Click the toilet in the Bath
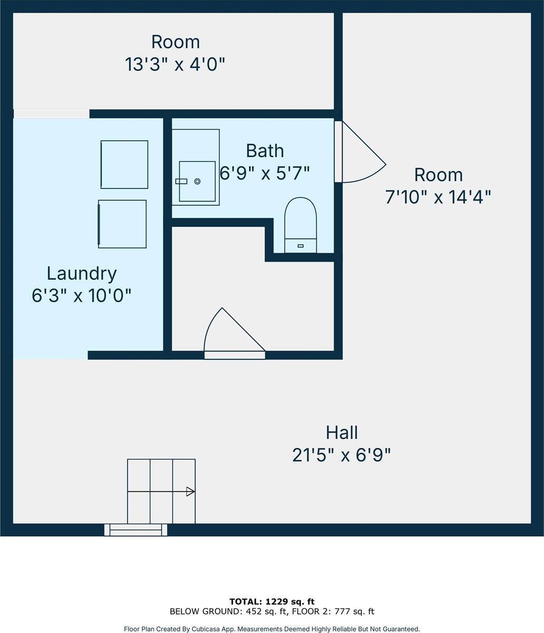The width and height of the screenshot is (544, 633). click(x=300, y=225)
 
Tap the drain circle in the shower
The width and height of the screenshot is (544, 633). click(x=197, y=181)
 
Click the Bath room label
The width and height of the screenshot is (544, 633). click(x=265, y=151)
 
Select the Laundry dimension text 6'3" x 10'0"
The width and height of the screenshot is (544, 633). click(x=82, y=295)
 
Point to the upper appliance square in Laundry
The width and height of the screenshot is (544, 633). click(x=124, y=165)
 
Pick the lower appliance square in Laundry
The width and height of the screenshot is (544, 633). click(x=122, y=224)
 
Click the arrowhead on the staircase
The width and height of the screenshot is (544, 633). click(x=190, y=492)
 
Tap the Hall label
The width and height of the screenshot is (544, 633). click(x=342, y=433)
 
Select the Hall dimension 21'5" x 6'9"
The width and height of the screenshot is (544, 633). click(x=342, y=455)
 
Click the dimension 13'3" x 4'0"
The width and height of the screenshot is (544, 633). click(x=175, y=64)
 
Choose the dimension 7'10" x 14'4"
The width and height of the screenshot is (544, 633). click(x=438, y=197)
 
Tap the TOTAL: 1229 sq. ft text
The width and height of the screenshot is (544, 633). click(x=272, y=602)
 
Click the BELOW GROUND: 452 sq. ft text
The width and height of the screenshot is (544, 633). click(x=229, y=611)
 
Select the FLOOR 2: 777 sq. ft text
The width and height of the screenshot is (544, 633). click(x=333, y=611)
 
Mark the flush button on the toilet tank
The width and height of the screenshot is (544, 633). click(x=300, y=246)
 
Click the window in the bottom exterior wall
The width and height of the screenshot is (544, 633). click(x=135, y=530)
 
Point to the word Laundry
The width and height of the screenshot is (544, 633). click(x=82, y=273)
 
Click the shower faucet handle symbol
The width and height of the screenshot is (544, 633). click(x=181, y=181)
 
